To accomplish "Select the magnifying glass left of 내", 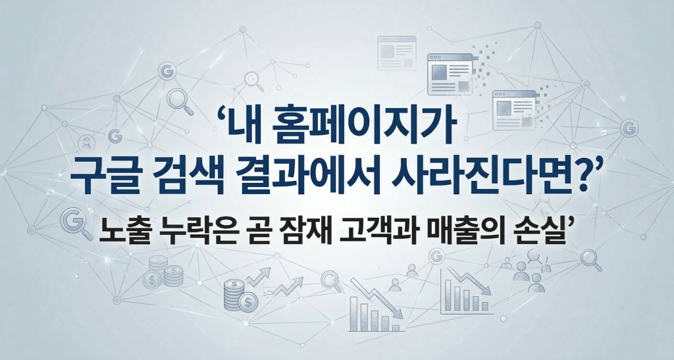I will [x=179, y=99].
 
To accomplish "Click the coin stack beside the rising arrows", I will [x=236, y=294].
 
